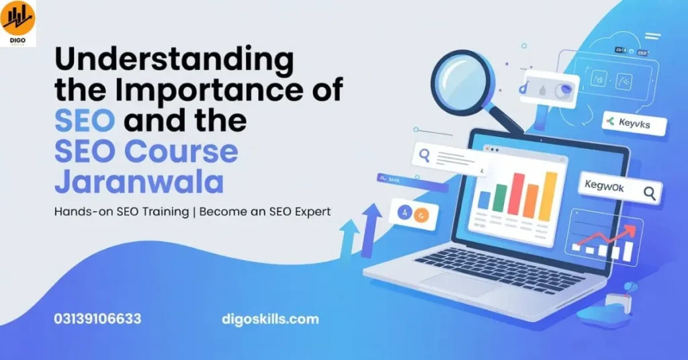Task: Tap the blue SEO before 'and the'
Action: point(85,121)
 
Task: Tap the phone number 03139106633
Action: point(98,319)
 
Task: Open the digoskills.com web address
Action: point(270,319)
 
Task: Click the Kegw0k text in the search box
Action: point(605,188)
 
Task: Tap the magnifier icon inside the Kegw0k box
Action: point(649,193)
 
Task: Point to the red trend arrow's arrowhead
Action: point(631,230)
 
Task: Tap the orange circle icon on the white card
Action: point(421,215)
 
